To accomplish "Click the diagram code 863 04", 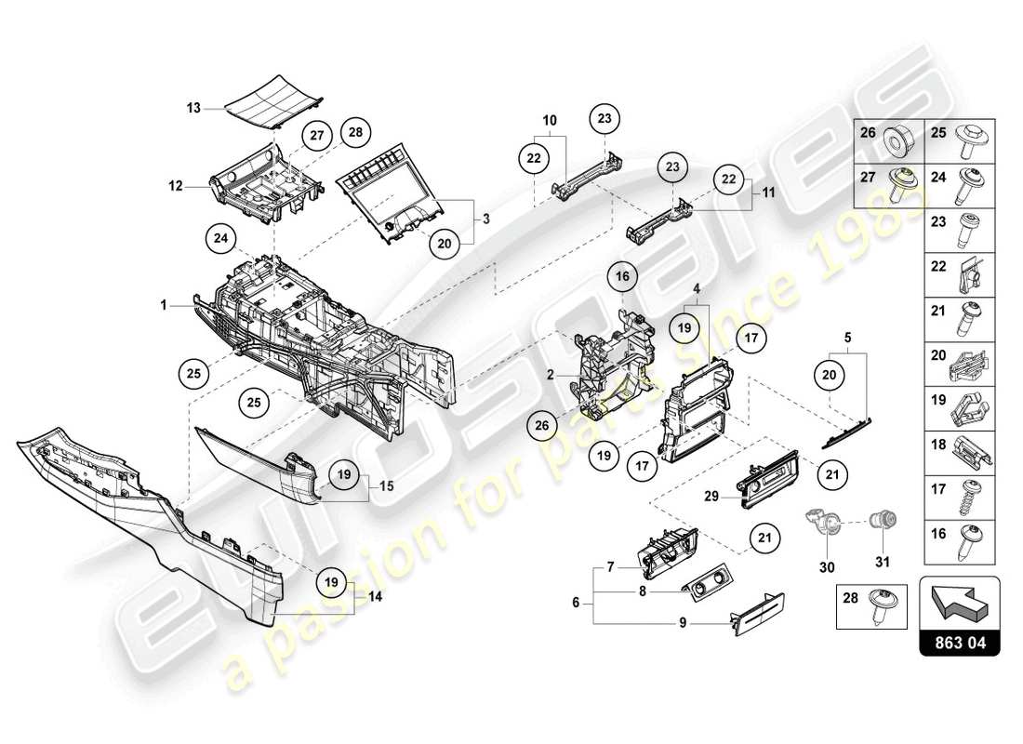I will (x=960, y=641).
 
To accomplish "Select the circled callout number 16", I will (x=622, y=276).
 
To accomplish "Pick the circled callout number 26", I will (x=540, y=426).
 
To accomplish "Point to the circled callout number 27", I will (x=316, y=135).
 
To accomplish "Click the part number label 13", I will (x=193, y=108).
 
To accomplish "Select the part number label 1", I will (x=163, y=304).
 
